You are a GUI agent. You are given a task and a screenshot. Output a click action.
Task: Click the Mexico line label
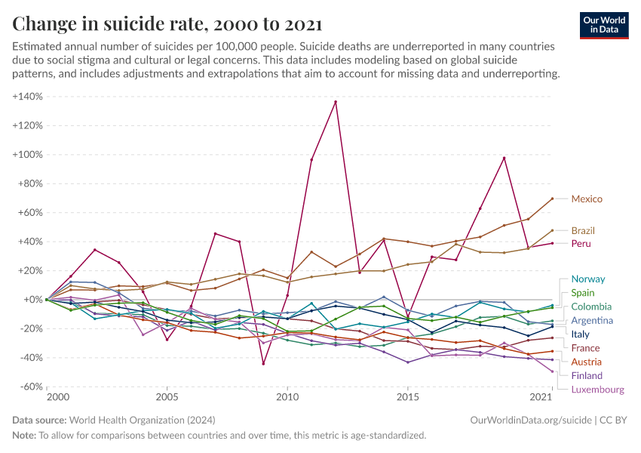[x=587, y=199]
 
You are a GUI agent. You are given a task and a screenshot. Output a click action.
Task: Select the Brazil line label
[x=583, y=230]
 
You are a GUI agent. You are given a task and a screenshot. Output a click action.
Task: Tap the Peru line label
[x=581, y=244]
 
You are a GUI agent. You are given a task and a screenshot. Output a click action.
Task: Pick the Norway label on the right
[x=587, y=279]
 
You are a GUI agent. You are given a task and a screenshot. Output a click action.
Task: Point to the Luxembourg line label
[x=597, y=390]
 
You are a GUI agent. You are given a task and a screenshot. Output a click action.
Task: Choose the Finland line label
[x=587, y=375]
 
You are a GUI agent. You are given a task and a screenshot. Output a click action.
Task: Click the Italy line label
[x=580, y=334]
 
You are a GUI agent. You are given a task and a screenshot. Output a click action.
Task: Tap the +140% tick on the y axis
[x=27, y=97]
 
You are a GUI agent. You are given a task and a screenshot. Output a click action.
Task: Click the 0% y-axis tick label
[x=35, y=300]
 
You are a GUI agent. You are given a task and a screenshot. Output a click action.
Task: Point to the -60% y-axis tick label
[x=29, y=387]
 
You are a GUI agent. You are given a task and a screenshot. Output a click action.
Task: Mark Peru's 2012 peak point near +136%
[x=336, y=102]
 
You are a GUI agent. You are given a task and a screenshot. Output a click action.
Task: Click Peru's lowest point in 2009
[x=263, y=364]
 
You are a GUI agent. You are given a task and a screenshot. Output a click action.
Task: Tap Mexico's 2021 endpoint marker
[x=553, y=199]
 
